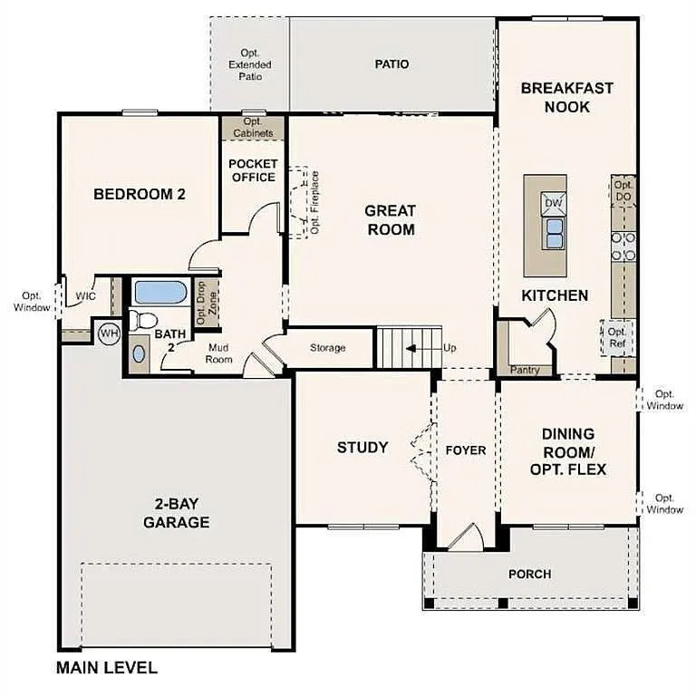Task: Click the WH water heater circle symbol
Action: click(x=109, y=334)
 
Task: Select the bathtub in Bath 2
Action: click(x=160, y=293)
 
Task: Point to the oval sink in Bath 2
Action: click(x=139, y=353)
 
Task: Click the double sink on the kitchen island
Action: click(x=552, y=233)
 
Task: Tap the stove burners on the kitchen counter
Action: click(x=623, y=244)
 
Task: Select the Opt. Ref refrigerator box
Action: click(x=618, y=338)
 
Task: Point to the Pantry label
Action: click(x=525, y=370)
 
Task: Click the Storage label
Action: click(x=328, y=348)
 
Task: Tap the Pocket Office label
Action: click(x=253, y=170)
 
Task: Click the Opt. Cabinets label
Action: click(x=253, y=128)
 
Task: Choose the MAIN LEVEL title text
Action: click(x=107, y=669)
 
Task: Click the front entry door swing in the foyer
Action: click(x=467, y=536)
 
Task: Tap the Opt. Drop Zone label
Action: click(x=206, y=303)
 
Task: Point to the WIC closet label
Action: click(x=85, y=295)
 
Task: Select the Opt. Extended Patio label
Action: click(x=249, y=65)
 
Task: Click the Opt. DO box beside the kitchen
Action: click(x=623, y=190)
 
